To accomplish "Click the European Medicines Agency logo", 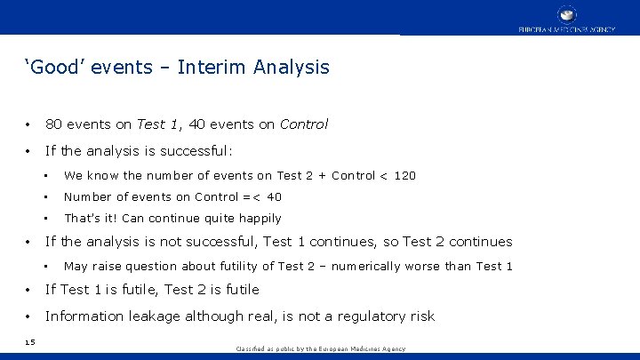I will pos(567,18).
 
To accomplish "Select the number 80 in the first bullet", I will pos(54,124).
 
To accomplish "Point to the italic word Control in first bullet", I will pos(303,124).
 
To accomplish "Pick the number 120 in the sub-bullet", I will pos(404,175).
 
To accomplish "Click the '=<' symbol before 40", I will pos(252,196).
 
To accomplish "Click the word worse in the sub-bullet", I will pos(453,266).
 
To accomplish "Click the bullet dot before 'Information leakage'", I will pos(29,316).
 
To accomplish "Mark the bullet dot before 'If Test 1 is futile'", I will pos(29,290).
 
